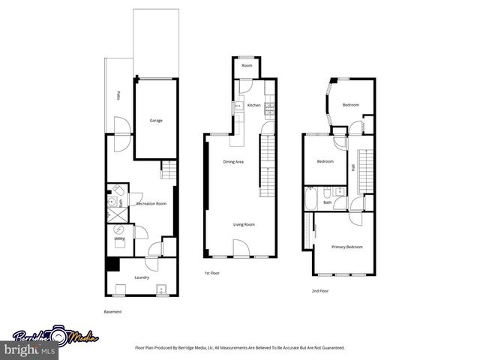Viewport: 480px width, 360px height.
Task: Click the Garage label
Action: click(156, 121)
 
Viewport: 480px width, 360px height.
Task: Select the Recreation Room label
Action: click(151, 203)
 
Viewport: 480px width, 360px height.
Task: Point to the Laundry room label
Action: click(142, 277)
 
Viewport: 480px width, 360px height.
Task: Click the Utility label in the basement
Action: click(120, 238)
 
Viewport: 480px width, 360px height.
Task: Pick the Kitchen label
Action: click(253, 106)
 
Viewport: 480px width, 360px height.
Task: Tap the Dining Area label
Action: click(233, 161)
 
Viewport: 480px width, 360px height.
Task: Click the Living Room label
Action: click(243, 224)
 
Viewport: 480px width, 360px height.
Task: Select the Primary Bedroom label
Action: click(348, 247)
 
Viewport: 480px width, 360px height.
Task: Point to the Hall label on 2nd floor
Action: click(353, 168)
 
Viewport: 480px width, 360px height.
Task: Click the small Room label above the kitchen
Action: click(247, 66)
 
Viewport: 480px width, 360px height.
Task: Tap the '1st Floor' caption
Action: click(212, 273)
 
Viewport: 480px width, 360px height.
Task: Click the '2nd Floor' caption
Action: click(319, 290)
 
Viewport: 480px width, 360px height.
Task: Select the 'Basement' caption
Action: click(112, 311)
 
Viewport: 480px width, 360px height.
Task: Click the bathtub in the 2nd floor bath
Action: click(311, 201)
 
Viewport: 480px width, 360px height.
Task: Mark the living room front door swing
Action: click(240, 247)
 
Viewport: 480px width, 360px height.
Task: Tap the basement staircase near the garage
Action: click(169, 170)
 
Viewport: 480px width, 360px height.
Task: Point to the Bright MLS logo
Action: click(28, 350)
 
